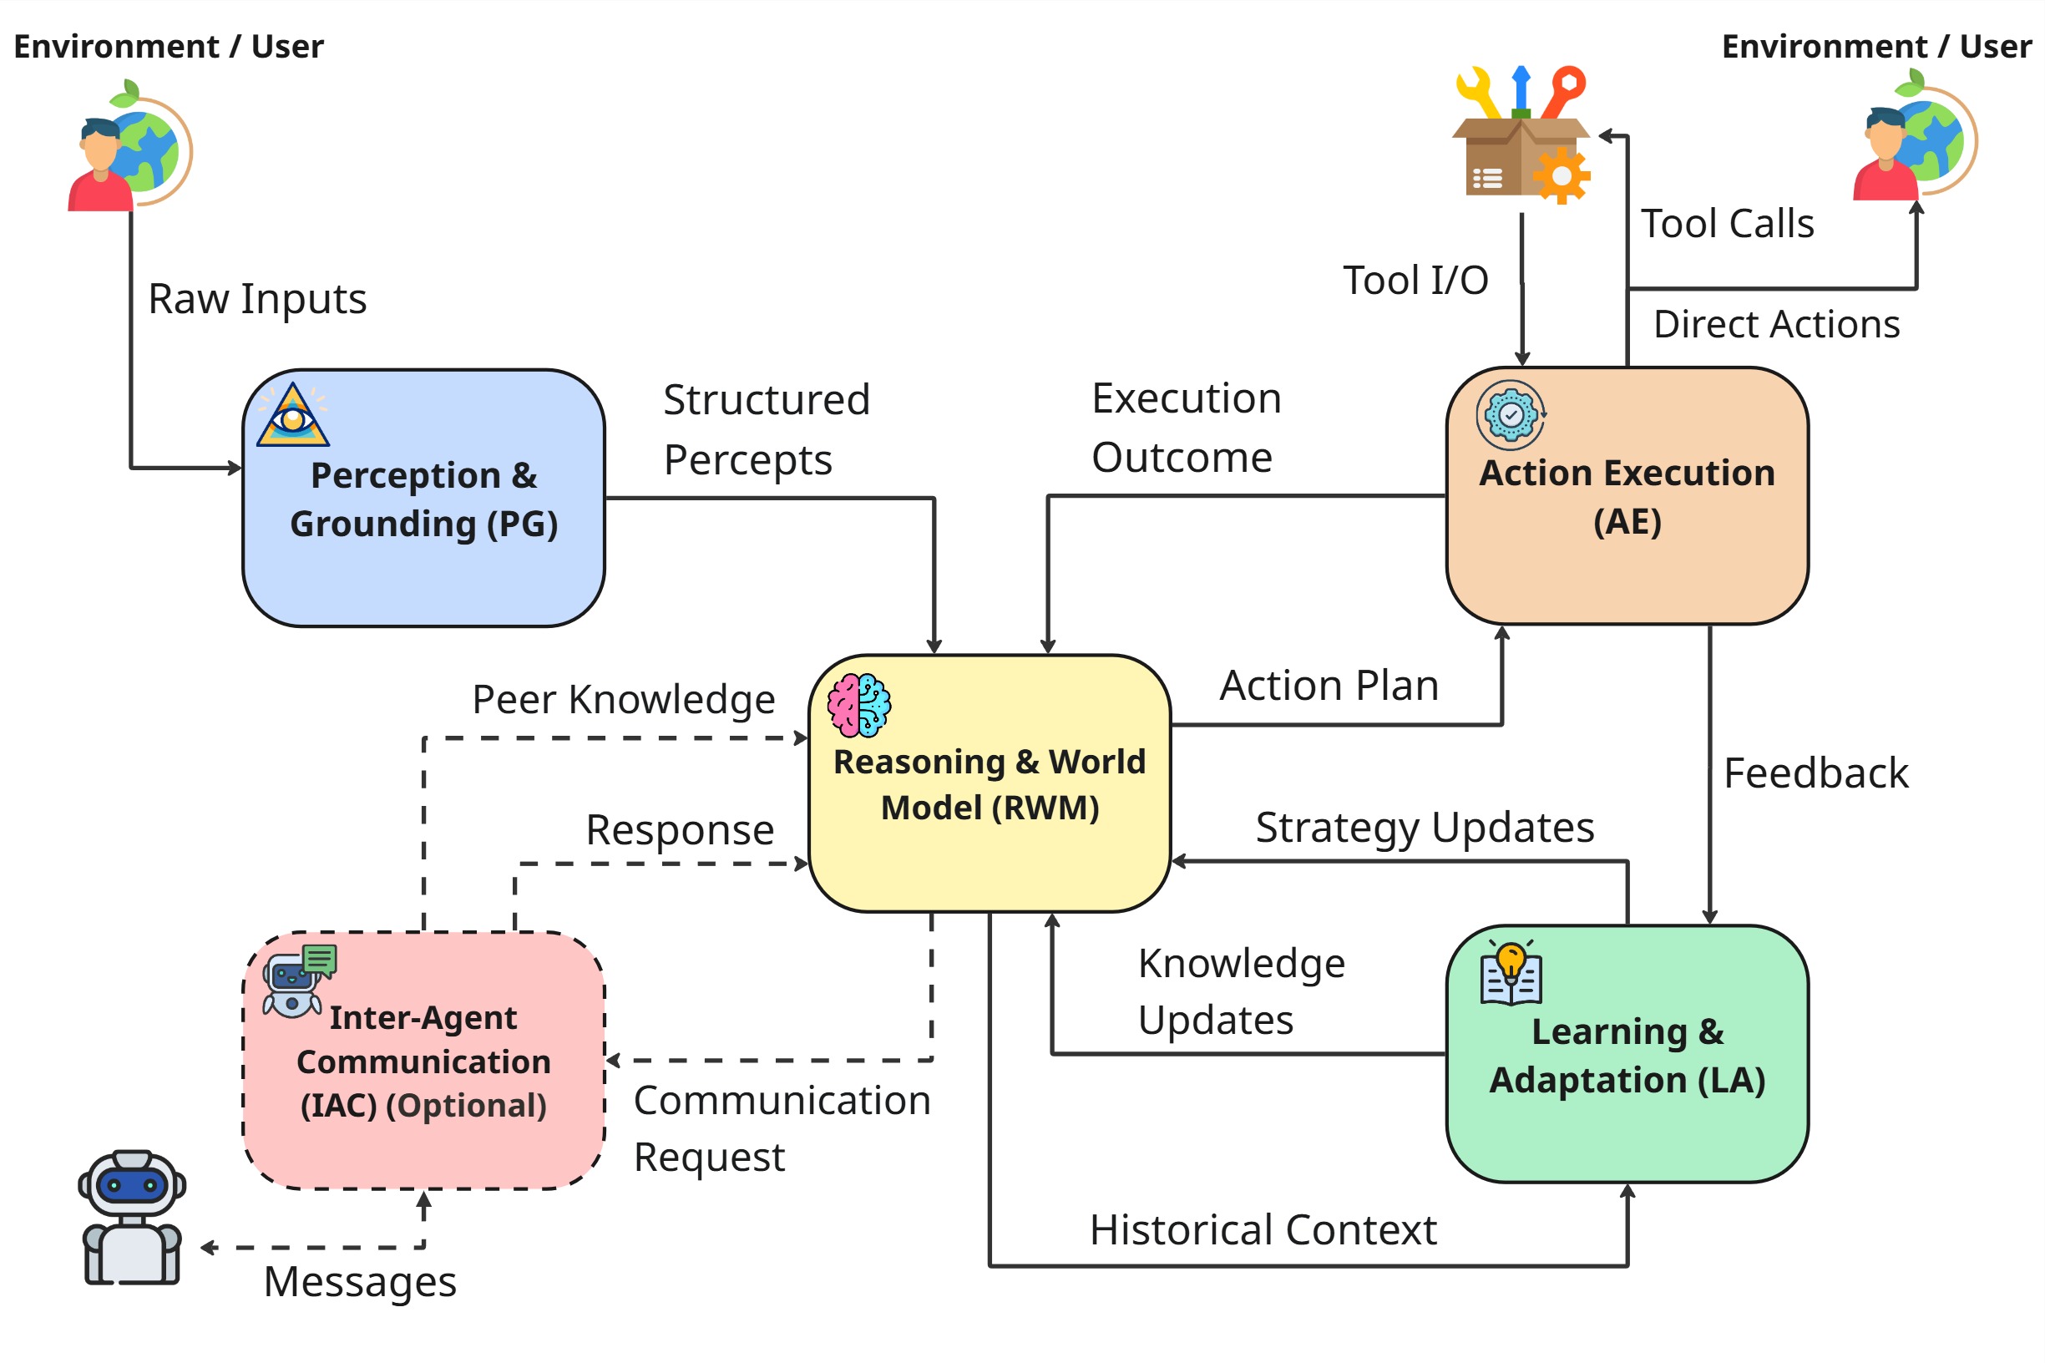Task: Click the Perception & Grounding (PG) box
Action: click(423, 499)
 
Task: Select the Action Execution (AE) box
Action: click(1626, 496)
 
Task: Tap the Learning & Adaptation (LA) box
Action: click(1626, 1055)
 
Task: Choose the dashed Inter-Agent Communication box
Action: click(423, 1061)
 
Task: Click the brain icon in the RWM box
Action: click(858, 705)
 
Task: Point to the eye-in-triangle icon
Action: click(293, 417)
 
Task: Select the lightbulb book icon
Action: click(1511, 973)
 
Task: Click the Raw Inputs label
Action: click(257, 299)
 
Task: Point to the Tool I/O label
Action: click(1415, 281)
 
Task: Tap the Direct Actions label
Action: click(1775, 324)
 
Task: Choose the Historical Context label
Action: click(1263, 1230)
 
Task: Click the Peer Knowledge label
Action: click(623, 700)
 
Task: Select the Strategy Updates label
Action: click(1425, 828)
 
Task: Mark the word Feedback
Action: click(1815, 773)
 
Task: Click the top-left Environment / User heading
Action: click(169, 46)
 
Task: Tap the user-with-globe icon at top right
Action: click(1915, 139)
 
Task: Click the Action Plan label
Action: click(1329, 686)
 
